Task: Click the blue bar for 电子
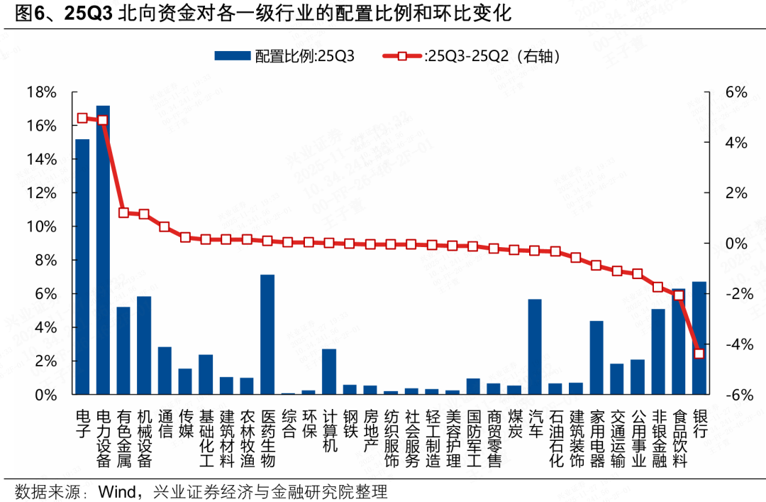click(82, 266)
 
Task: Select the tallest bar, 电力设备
click(103, 249)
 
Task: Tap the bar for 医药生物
click(267, 334)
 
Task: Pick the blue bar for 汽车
click(535, 347)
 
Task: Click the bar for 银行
click(699, 337)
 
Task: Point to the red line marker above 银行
click(699, 354)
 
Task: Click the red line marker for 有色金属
click(123, 212)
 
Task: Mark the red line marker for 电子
click(82, 118)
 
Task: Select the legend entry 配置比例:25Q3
click(284, 57)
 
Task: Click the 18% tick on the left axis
click(40, 92)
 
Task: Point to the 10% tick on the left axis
click(40, 227)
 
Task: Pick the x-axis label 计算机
click(329, 430)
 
